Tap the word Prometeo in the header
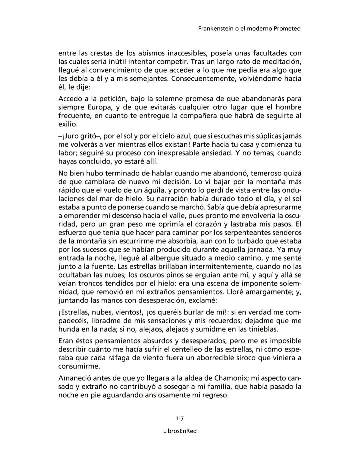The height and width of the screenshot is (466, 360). click(287, 29)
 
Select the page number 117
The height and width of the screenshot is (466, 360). click(180, 418)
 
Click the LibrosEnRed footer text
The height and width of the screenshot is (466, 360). click(180, 431)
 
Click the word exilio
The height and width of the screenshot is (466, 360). click(68, 124)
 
